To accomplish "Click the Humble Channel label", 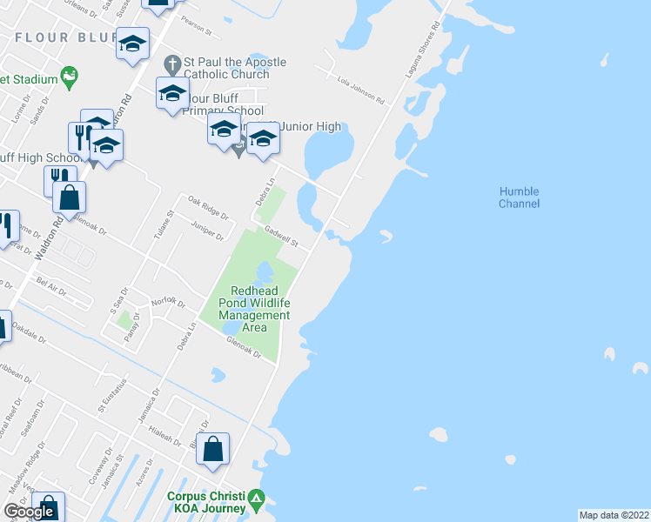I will (x=519, y=197).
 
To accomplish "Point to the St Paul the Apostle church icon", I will (x=171, y=63).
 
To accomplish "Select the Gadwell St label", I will (x=281, y=236).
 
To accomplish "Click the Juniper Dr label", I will (x=207, y=231).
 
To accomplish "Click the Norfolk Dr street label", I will (x=168, y=300).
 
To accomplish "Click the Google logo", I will (x=29, y=512).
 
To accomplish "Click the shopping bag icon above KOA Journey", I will (x=213, y=450).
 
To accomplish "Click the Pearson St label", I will (x=198, y=29).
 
